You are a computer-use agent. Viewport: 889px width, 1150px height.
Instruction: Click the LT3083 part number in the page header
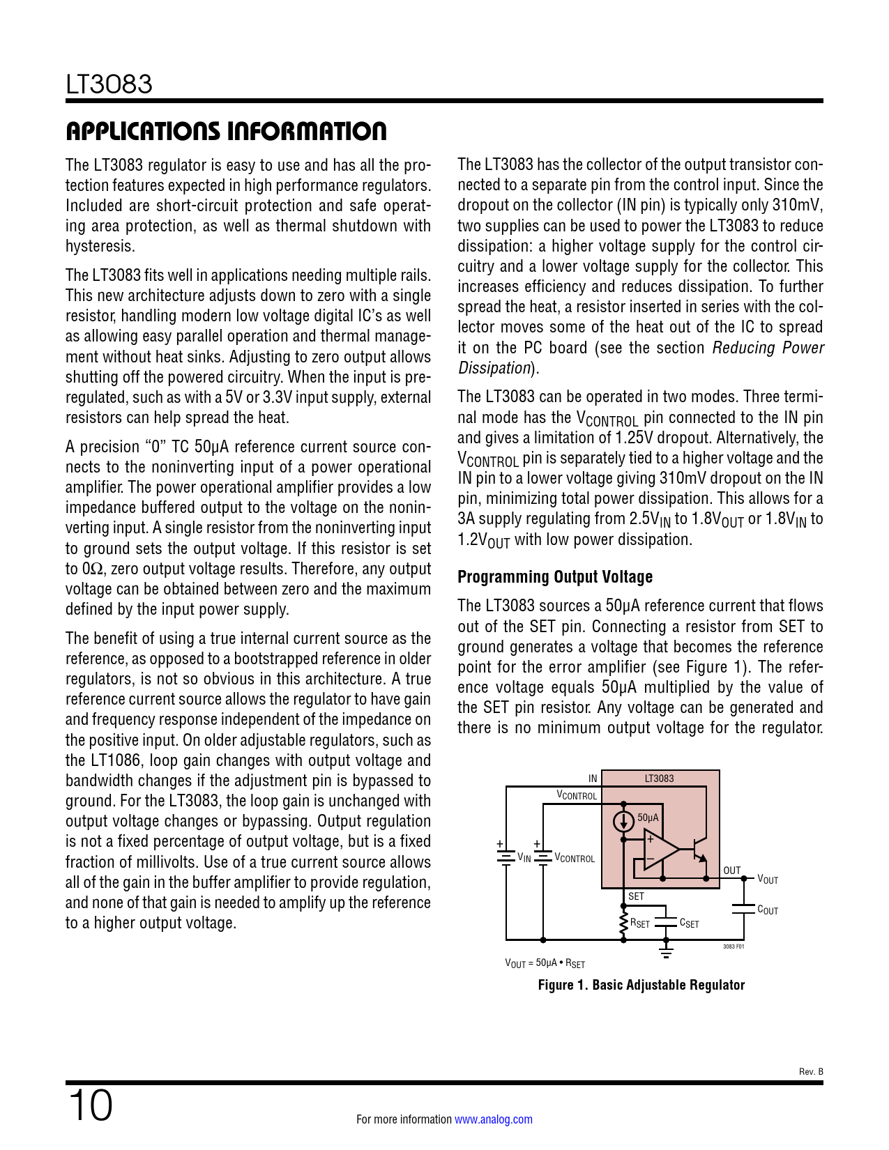pyautogui.click(x=109, y=84)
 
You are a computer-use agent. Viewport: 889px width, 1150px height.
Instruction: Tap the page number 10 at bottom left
pyautogui.click(x=90, y=1106)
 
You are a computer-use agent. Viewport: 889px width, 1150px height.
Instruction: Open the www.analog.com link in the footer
pyautogui.click(x=493, y=1119)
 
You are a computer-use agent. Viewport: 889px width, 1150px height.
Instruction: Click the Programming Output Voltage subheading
pyautogui.click(x=554, y=577)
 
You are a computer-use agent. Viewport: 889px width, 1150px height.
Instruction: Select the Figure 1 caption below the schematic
pyautogui.click(x=641, y=985)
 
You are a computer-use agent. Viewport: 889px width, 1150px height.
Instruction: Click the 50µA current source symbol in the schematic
pyautogui.click(x=623, y=821)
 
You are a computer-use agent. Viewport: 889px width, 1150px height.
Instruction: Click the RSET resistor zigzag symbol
pyautogui.click(x=623, y=923)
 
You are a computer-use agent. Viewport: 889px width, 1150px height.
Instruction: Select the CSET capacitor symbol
pyautogui.click(x=666, y=923)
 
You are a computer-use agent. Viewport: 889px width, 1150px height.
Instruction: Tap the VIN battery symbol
pyautogui.click(x=506, y=856)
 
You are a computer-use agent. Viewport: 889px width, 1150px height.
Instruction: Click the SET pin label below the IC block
pyautogui.click(x=636, y=896)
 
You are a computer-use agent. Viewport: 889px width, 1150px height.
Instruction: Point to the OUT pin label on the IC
pyautogui.click(x=731, y=871)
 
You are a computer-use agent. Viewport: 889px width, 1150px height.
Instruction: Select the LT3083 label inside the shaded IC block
pyautogui.click(x=659, y=779)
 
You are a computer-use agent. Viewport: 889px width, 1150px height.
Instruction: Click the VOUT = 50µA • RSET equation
pyautogui.click(x=545, y=963)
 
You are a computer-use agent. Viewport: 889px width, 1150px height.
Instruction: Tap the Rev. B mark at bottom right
pyautogui.click(x=810, y=1071)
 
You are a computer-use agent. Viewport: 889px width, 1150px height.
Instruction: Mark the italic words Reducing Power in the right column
pyautogui.click(x=768, y=348)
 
